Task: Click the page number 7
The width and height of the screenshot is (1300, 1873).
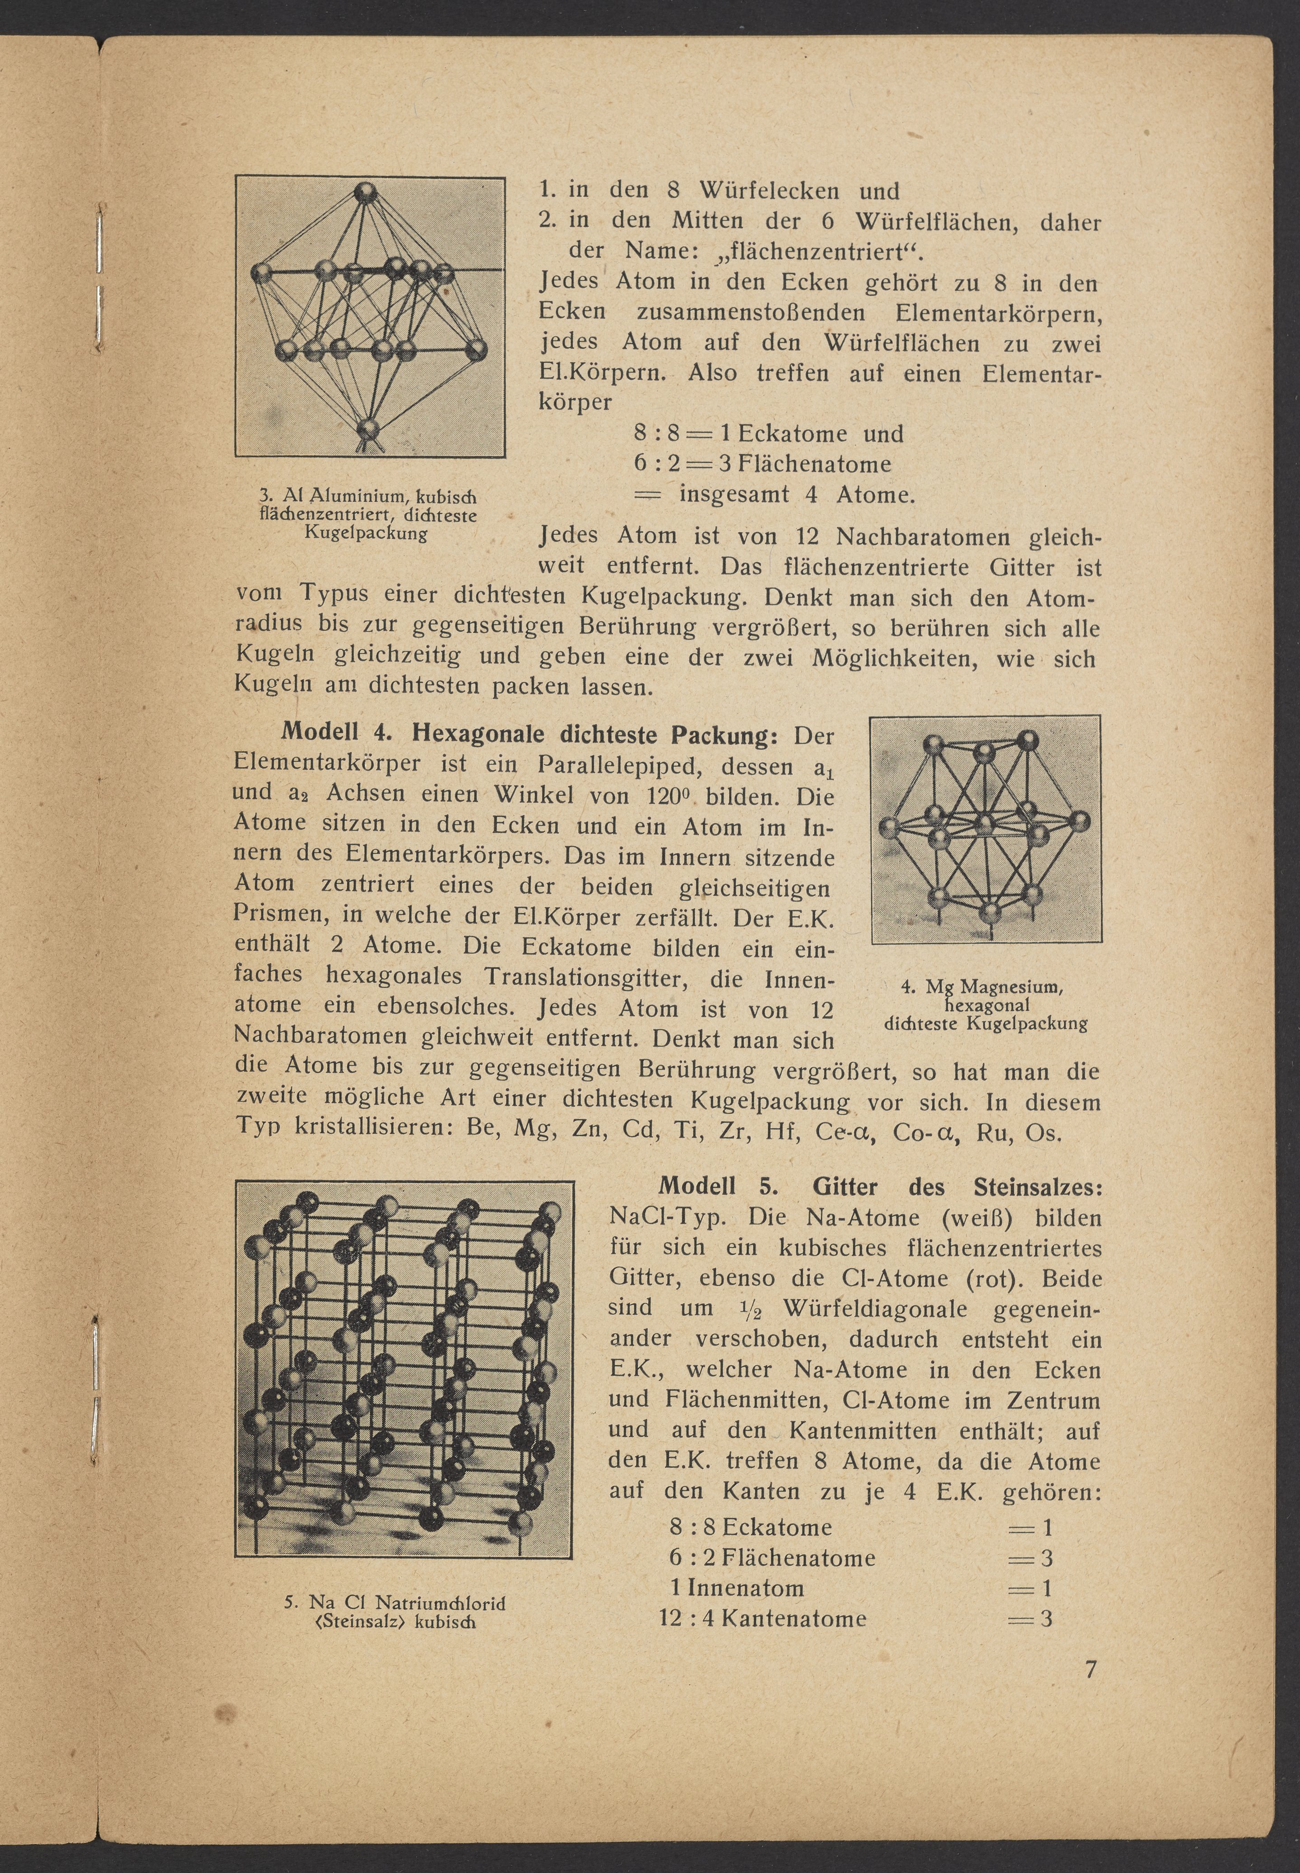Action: pyautogui.click(x=1091, y=1669)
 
